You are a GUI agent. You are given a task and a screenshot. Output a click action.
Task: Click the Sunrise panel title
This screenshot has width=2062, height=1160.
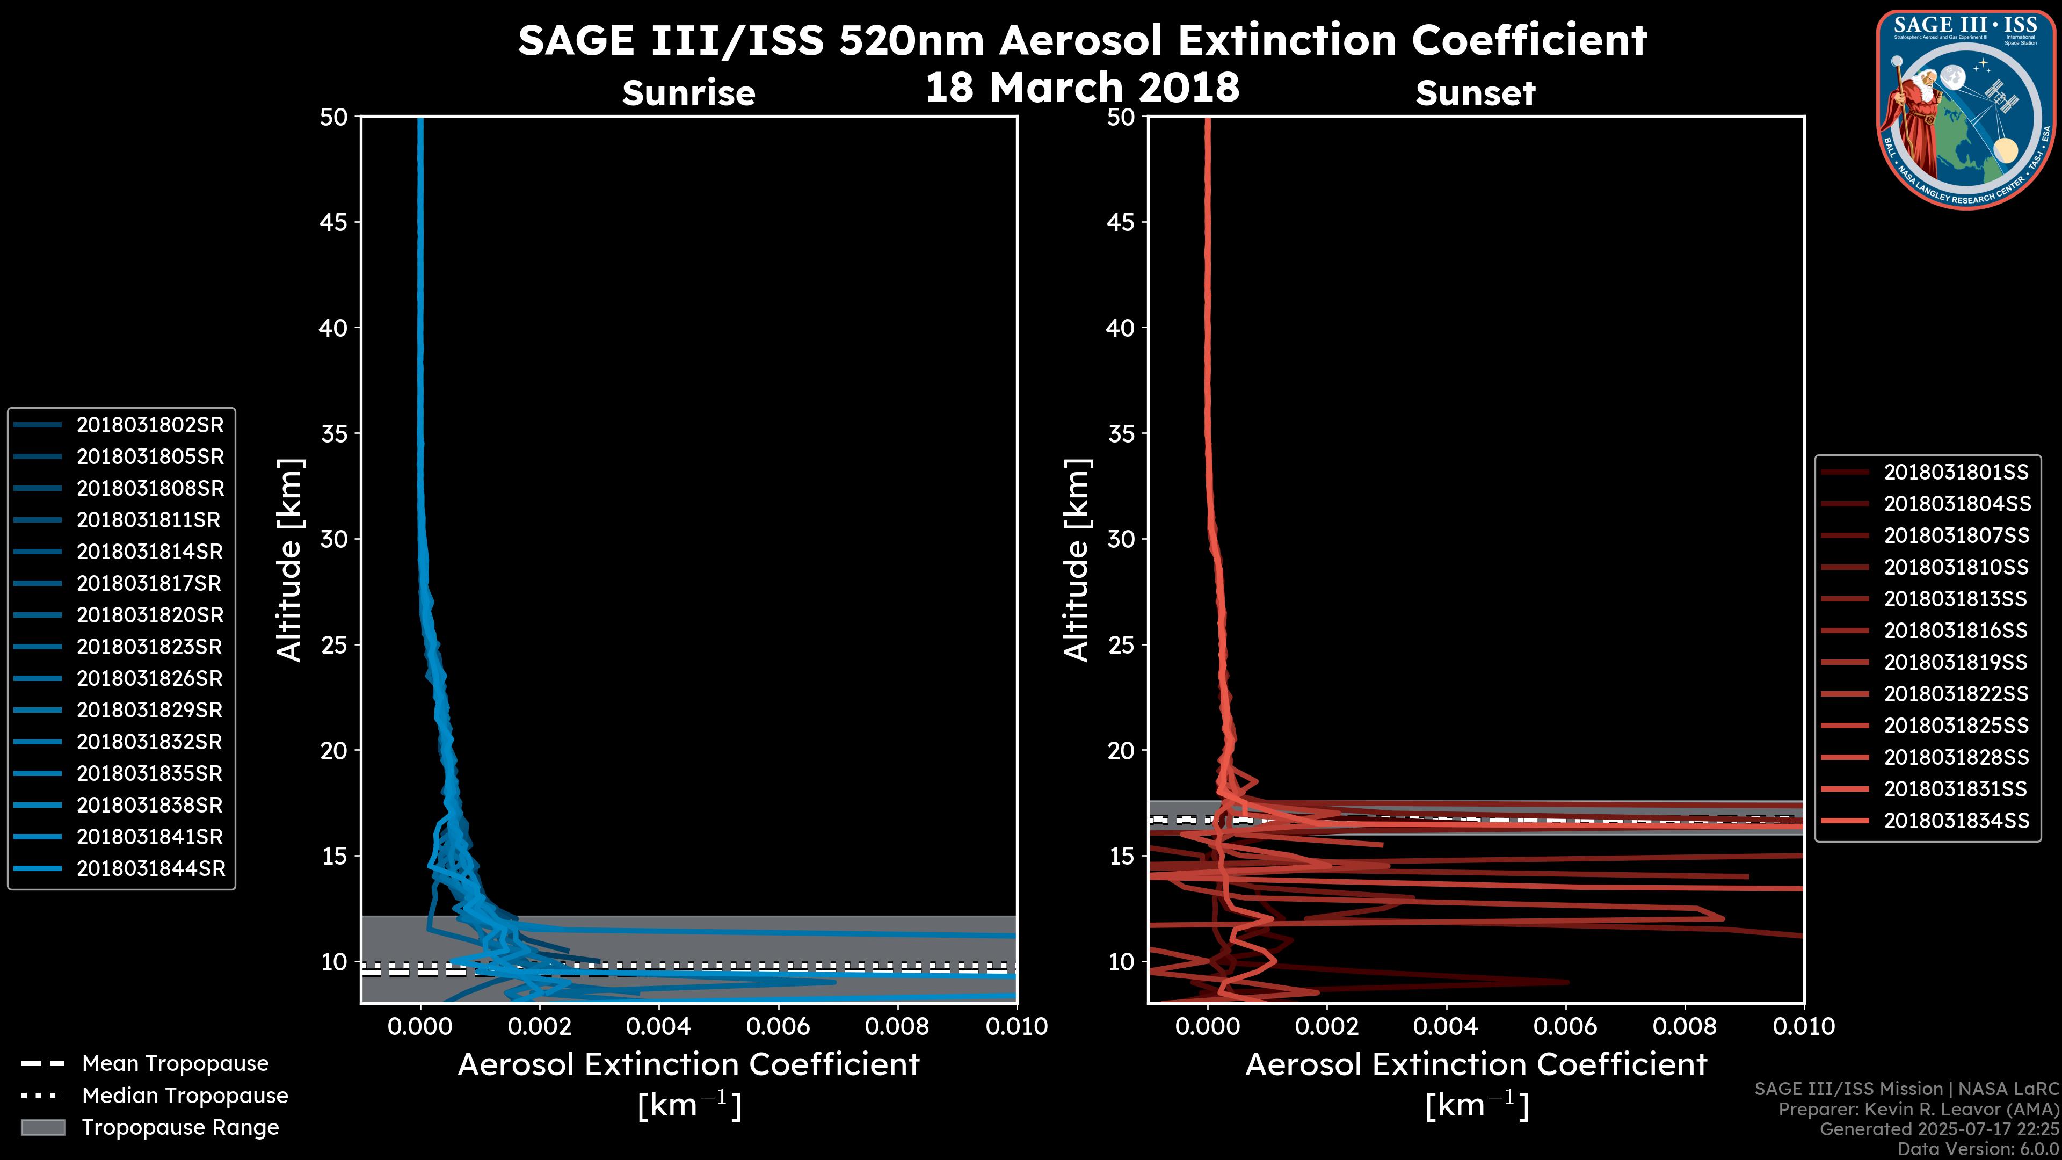688,93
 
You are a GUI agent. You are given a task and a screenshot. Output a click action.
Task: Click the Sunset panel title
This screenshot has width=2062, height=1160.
1475,93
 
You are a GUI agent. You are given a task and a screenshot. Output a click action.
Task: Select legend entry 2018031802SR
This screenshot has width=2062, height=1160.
150,425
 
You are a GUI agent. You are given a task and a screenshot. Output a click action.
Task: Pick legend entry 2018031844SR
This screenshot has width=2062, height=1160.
150,868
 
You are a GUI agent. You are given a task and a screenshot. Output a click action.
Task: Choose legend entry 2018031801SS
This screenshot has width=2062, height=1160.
1956,473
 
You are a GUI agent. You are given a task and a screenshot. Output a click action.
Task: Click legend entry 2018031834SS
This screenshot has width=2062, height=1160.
1956,821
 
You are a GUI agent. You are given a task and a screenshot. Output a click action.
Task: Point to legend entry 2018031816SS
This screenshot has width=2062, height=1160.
1956,631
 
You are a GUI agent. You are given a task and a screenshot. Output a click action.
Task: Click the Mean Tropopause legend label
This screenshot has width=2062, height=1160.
175,1064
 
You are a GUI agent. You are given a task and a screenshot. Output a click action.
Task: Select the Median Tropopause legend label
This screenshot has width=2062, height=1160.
185,1096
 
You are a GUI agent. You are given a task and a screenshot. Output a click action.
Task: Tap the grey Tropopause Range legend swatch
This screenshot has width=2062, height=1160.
42,1128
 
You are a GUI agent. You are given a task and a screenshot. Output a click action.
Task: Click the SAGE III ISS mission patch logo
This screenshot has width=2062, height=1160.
1966,110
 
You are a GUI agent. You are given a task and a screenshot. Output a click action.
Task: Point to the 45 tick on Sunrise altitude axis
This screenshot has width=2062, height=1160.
334,222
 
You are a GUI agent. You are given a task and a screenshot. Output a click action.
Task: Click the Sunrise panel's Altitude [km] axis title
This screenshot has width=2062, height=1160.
290,560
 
